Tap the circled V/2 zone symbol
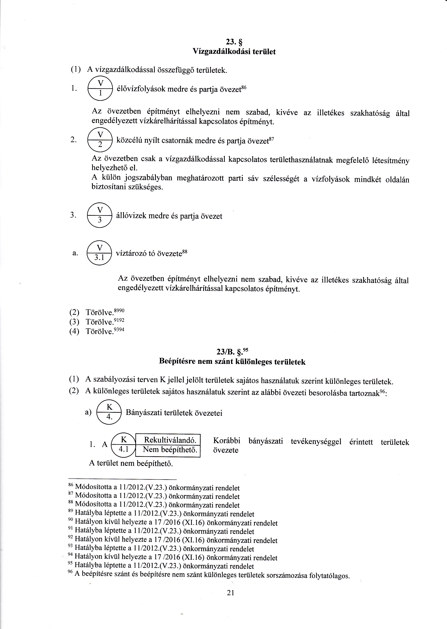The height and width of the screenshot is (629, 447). point(100,140)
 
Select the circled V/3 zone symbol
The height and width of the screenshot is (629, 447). point(100,215)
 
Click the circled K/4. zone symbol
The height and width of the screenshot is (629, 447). point(109,412)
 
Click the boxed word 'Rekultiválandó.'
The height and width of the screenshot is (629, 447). point(170,440)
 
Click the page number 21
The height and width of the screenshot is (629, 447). point(230,593)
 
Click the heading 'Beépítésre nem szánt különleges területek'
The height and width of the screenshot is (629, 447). point(232,362)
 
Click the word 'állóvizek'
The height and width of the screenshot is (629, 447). point(131,216)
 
